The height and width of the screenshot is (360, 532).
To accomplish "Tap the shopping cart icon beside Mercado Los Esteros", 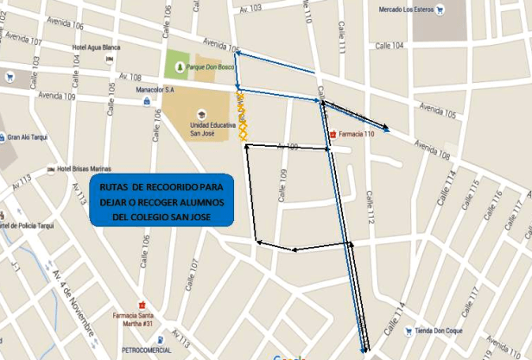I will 441,10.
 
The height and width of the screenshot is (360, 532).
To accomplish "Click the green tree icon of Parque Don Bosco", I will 181,66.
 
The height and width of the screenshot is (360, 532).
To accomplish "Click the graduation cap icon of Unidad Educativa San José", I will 200,113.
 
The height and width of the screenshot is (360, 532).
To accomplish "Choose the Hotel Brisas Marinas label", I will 86,168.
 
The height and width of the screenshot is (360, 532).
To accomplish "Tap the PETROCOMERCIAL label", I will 146,350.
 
